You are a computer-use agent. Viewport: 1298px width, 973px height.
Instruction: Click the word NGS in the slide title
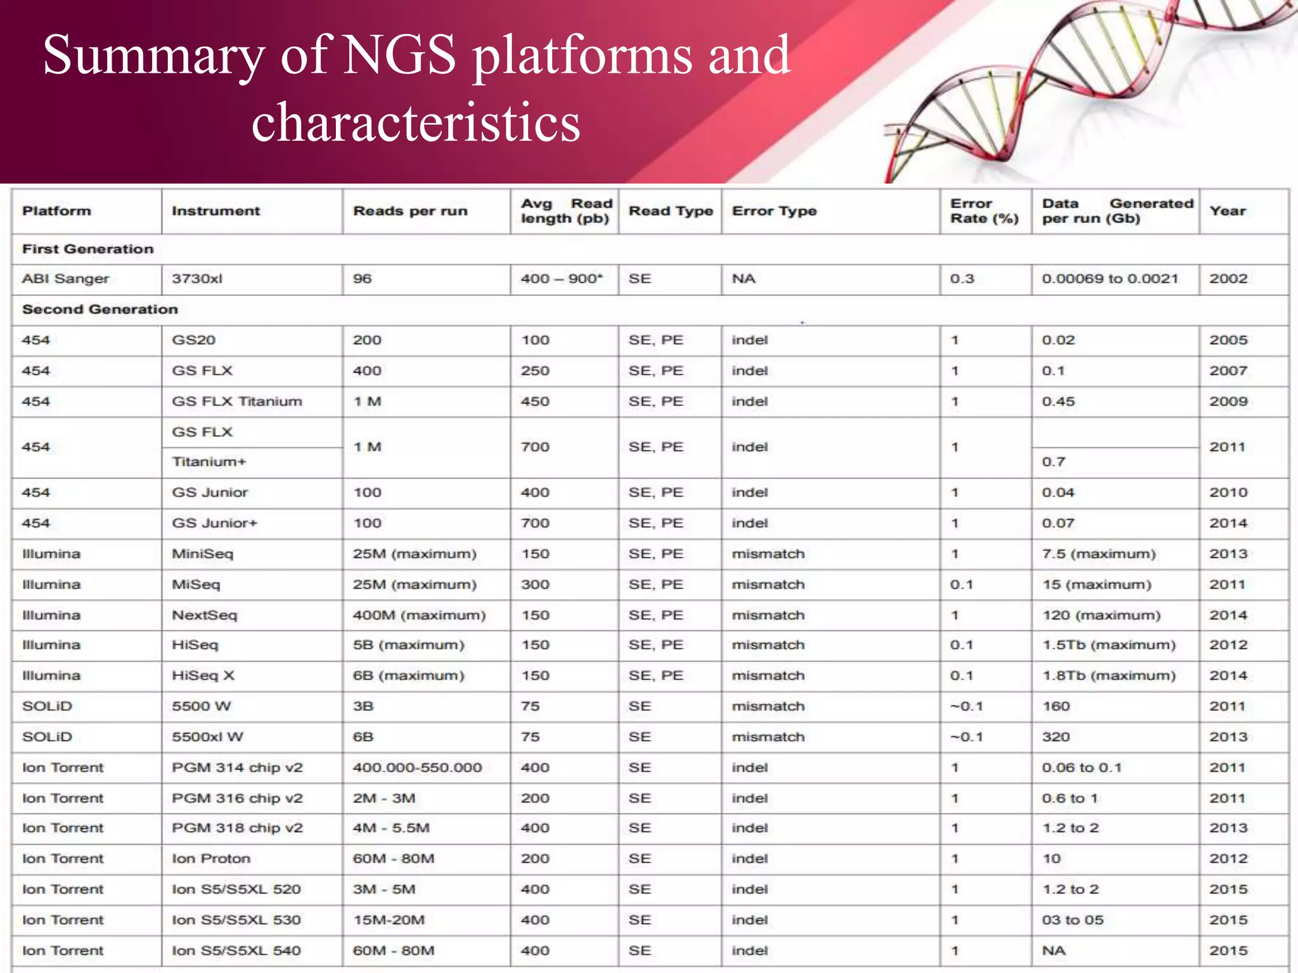[x=401, y=54]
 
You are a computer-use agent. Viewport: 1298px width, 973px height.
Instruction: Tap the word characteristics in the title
[x=416, y=122]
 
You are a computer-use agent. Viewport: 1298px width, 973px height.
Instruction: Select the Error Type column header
[x=774, y=211]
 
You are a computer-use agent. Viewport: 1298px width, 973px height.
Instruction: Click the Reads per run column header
[x=410, y=211]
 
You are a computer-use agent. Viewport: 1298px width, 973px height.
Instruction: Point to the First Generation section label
[x=87, y=249]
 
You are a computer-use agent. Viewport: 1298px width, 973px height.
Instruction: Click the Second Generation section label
[x=100, y=309]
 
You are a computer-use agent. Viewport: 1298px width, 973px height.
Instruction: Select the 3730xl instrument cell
[x=197, y=279]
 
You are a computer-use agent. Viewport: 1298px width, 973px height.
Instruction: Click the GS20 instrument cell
[x=193, y=340]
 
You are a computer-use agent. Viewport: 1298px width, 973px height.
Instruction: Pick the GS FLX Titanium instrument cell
[x=237, y=402]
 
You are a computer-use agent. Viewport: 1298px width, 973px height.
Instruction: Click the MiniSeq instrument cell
[x=202, y=554]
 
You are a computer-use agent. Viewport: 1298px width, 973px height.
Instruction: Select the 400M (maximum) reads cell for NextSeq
[x=419, y=615]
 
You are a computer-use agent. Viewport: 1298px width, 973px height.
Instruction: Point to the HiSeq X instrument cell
[x=203, y=676]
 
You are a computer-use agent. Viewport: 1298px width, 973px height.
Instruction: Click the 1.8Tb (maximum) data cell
[x=1108, y=676]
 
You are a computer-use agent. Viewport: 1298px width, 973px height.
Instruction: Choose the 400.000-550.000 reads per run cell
[x=417, y=768]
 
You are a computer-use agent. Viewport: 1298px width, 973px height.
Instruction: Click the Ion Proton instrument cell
[x=211, y=859]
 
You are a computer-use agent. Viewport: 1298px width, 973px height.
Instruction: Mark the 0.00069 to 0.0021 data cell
[x=1110, y=279]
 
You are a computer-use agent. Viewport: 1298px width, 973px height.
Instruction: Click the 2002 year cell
[x=1228, y=279]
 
